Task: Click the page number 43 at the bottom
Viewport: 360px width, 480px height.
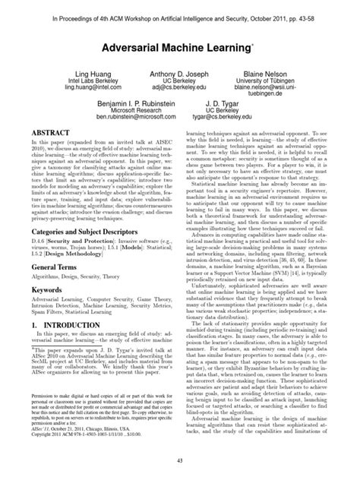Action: tap(179, 461)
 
